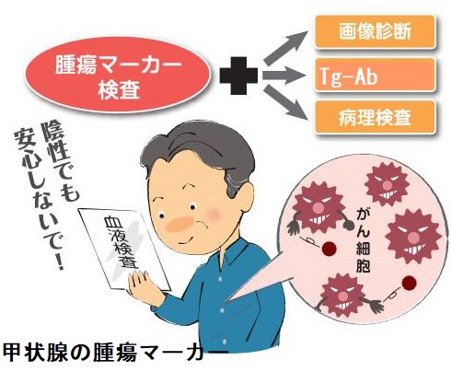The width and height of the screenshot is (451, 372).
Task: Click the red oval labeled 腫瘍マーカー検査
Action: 119,75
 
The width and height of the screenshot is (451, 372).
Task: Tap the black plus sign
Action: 238,76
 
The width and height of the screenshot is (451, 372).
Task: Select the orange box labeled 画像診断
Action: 375,32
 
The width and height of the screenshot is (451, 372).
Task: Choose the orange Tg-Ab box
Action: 375,75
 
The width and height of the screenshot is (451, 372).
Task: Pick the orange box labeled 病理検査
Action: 375,117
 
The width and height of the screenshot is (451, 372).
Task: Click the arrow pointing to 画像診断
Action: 285,47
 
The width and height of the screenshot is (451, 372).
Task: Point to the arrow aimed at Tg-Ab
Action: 284,75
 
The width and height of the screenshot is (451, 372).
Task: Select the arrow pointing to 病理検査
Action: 285,102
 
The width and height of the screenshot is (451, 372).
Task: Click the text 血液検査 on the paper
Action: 122,243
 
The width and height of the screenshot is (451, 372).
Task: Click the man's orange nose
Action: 179,224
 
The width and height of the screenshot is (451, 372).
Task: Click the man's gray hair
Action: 196,145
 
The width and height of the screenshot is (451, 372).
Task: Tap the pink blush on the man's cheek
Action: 214,213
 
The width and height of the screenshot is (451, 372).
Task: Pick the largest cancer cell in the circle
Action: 413,237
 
